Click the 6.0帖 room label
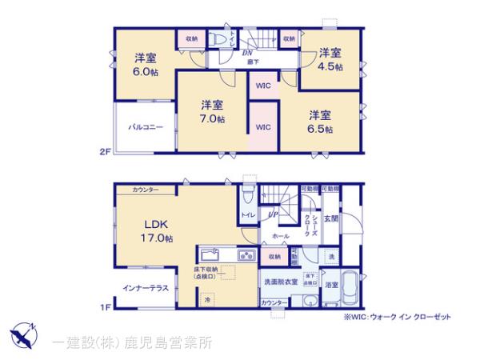[145, 64]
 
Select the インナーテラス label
[146, 287]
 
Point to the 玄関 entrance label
[332, 217]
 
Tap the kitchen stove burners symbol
[246, 256]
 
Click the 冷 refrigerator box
[207, 300]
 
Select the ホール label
[280, 237]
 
